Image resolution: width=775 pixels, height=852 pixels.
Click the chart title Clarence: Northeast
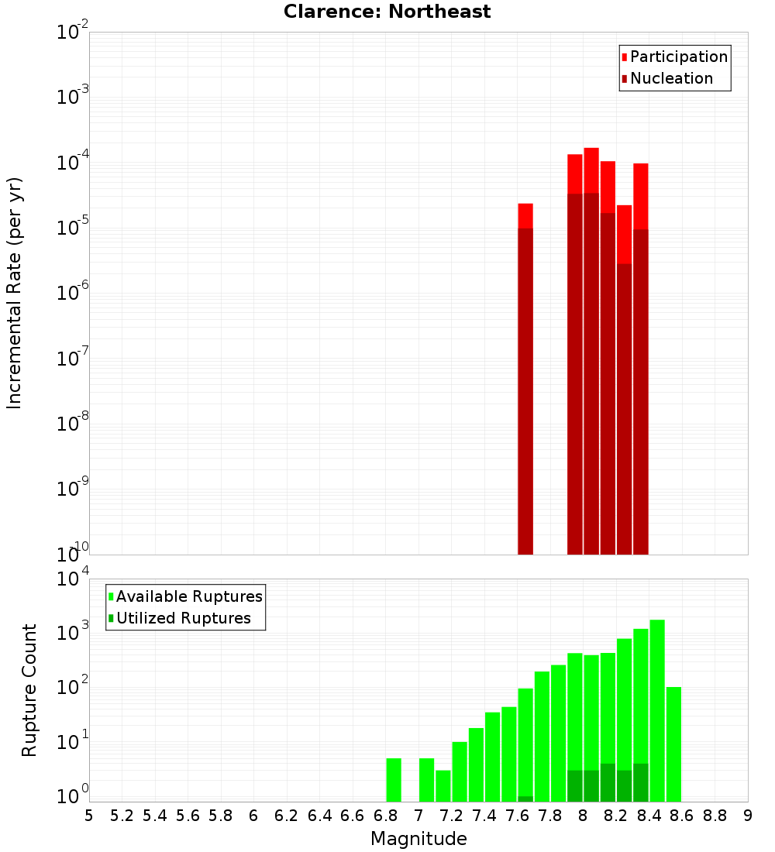tap(387, 12)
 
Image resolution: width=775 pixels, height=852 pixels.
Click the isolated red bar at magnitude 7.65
tap(525, 380)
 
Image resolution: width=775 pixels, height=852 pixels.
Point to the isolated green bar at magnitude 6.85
tap(394, 780)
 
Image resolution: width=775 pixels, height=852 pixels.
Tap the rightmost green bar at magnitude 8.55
tap(673, 744)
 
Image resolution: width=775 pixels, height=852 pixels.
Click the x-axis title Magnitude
tap(418, 839)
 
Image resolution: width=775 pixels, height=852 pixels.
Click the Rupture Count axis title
tap(29, 690)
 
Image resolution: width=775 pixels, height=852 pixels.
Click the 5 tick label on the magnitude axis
tap(89, 816)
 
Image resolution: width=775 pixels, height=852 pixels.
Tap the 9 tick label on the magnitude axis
tap(748, 816)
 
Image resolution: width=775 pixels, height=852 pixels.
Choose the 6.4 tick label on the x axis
tap(319, 816)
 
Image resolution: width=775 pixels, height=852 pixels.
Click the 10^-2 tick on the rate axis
tap(72, 33)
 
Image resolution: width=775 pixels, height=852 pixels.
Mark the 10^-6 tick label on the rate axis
tap(72, 294)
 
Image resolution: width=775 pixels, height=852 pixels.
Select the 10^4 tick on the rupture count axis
tap(72, 579)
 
